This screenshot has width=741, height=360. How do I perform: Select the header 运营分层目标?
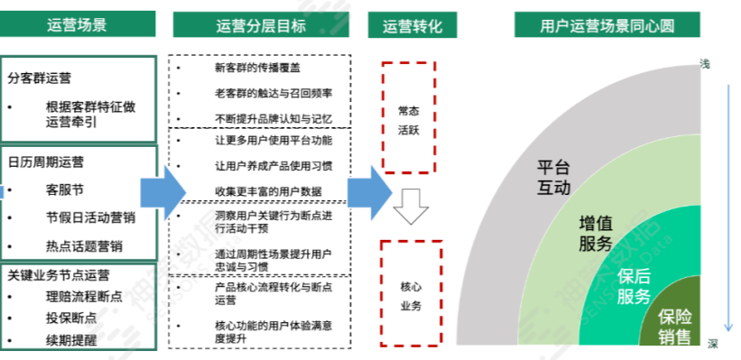pyautogui.click(x=262, y=25)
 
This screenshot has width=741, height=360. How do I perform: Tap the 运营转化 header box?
pyautogui.click(x=412, y=25)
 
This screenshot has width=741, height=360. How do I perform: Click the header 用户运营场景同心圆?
pyautogui.click(x=607, y=25)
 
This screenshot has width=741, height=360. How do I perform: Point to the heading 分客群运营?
pyautogui.click(x=41, y=78)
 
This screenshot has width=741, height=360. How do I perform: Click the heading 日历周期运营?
pyautogui.click(x=46, y=163)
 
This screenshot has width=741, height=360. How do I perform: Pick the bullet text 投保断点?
pyautogui.click(x=71, y=318)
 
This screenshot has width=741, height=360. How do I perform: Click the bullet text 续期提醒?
pyautogui.click(x=71, y=340)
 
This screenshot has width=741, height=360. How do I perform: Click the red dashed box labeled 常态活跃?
pyautogui.click(x=409, y=117)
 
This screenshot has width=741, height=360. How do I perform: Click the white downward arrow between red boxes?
pyautogui.click(x=410, y=205)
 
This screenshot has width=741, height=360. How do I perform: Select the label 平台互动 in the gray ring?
pyautogui.click(x=554, y=178)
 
